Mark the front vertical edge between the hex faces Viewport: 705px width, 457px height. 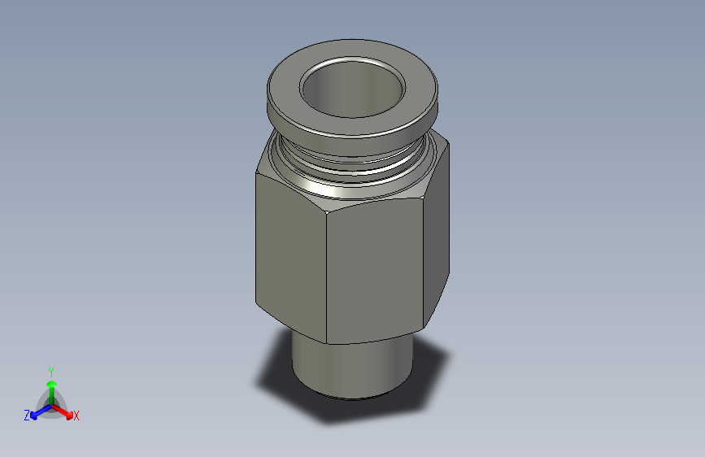(326, 276)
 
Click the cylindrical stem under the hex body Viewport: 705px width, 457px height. (350, 370)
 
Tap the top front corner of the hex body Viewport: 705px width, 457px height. (326, 213)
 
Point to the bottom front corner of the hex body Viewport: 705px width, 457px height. (326, 342)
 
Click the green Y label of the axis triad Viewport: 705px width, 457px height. (51, 371)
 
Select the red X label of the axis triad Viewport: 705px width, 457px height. (76, 416)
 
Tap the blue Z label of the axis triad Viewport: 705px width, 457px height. (27, 416)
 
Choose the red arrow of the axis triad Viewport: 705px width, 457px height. (65, 410)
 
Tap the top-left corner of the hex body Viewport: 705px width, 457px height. (256, 172)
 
